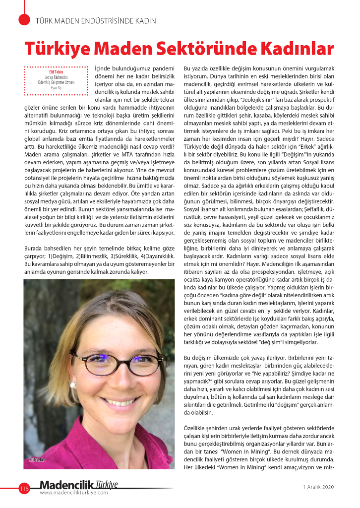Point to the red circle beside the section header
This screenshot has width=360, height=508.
coord(24,19)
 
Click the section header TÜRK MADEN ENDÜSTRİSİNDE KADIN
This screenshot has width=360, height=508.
coord(96,21)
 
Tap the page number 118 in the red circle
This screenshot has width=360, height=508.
coord(24,489)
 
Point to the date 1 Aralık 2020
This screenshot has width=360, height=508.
coord(318,487)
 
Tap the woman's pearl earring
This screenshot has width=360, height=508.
coord(73,384)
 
